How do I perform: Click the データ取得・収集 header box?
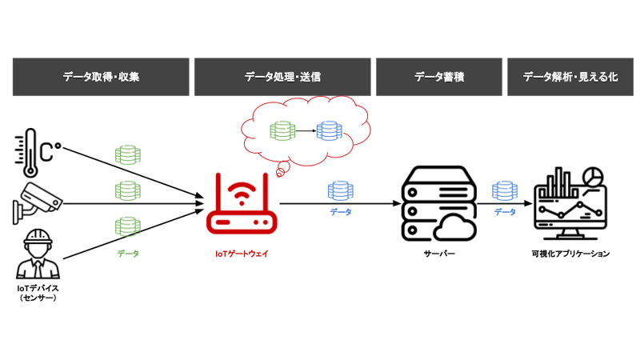point(101,77)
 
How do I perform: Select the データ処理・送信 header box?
point(282,77)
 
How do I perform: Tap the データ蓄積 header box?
point(439,77)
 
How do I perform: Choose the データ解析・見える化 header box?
point(570,77)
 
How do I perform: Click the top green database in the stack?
point(128,154)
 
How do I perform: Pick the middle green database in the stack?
point(128,190)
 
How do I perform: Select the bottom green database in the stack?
point(128,226)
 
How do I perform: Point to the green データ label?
point(128,254)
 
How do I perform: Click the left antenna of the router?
point(218,190)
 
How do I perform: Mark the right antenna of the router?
point(265,190)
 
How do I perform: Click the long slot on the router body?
point(223,222)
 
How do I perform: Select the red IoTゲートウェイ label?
point(242,254)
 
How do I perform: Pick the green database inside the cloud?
point(282,130)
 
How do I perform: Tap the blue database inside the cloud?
point(329,130)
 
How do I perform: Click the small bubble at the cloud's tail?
point(280,171)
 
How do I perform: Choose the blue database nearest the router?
point(340,190)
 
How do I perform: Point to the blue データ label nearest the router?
point(340,212)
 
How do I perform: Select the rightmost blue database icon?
point(504,190)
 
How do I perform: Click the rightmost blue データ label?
point(504,212)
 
